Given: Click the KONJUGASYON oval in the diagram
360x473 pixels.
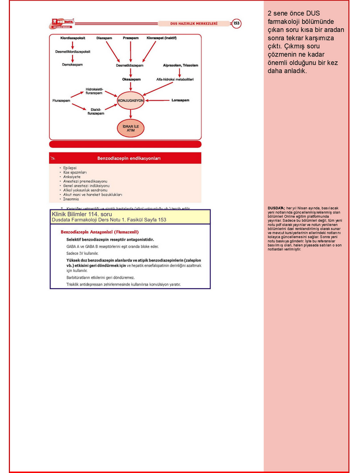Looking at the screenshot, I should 130,100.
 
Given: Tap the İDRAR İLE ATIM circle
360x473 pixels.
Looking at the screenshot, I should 130,127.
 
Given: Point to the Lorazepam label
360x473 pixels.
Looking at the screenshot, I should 180,100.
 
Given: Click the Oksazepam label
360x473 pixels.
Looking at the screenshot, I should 130,79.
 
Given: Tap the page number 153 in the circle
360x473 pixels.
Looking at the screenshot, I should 236,23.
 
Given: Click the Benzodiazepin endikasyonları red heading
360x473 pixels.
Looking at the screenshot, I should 129,158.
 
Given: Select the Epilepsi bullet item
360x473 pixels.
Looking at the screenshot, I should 70,168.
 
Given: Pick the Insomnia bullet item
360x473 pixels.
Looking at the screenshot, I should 71,199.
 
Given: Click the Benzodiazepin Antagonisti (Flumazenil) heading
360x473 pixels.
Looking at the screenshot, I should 100,231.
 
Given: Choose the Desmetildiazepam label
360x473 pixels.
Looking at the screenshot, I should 130,65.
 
